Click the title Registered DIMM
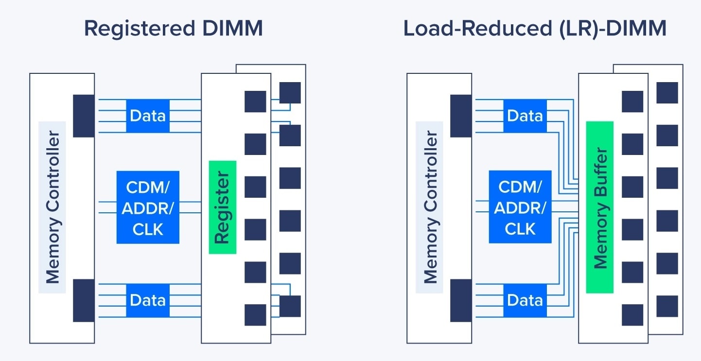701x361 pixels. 173,29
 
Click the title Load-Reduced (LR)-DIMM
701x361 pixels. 535,29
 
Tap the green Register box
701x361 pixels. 222,207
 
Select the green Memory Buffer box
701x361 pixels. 599,207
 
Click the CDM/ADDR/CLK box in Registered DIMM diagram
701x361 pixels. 148,207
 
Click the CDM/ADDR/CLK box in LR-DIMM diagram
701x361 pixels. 520,207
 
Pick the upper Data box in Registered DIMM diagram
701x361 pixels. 148,116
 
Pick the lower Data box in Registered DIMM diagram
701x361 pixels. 148,300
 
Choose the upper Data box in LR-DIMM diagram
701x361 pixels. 525,116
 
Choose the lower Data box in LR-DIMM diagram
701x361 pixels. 525,300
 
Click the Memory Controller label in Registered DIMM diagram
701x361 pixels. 52,207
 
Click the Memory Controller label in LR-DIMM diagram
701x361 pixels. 429,207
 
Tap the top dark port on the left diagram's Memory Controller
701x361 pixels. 84,116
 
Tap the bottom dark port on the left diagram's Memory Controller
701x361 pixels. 84,300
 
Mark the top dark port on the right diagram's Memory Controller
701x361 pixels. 461,116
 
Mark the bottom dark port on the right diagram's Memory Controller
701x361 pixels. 461,300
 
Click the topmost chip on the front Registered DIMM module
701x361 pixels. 255,102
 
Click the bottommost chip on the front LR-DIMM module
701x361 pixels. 632,314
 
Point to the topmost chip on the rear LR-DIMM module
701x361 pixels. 667,93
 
